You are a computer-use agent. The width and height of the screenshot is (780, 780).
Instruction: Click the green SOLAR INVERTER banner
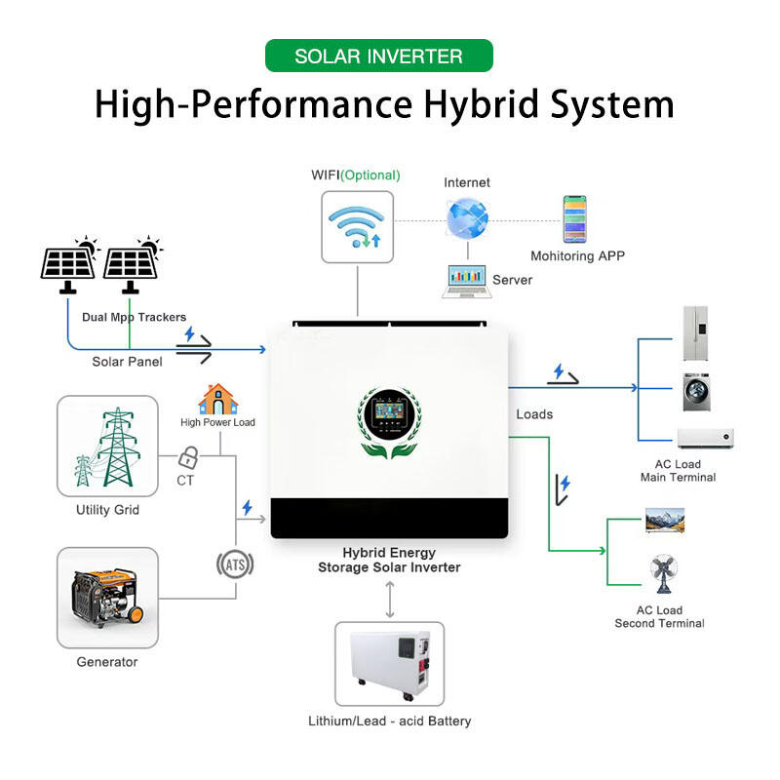pos(378,56)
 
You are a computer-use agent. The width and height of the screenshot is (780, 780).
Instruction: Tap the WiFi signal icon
pos(357,226)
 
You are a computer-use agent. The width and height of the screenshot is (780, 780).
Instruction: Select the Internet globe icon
pos(466,217)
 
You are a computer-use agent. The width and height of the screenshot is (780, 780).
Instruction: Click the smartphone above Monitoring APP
pos(574,219)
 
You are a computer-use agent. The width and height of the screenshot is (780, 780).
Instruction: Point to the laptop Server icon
pos(466,280)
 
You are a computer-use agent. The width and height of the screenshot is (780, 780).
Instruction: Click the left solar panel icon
pos(69,263)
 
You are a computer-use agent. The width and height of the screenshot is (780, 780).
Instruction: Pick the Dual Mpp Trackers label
pos(134,317)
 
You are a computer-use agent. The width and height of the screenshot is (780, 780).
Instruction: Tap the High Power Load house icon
pos(217,400)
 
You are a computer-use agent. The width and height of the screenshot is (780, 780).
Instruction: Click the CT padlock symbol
pos(189,456)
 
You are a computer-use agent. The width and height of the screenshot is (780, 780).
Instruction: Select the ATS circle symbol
pos(234,563)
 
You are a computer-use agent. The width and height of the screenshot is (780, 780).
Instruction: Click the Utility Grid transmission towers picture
pos(107,448)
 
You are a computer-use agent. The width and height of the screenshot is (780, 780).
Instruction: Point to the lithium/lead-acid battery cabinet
pos(389,664)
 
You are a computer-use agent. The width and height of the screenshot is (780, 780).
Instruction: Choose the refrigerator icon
pos(694,333)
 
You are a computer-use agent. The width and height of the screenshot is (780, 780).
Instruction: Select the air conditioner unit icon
pos(704,438)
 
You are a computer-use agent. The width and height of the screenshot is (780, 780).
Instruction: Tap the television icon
pos(664,521)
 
